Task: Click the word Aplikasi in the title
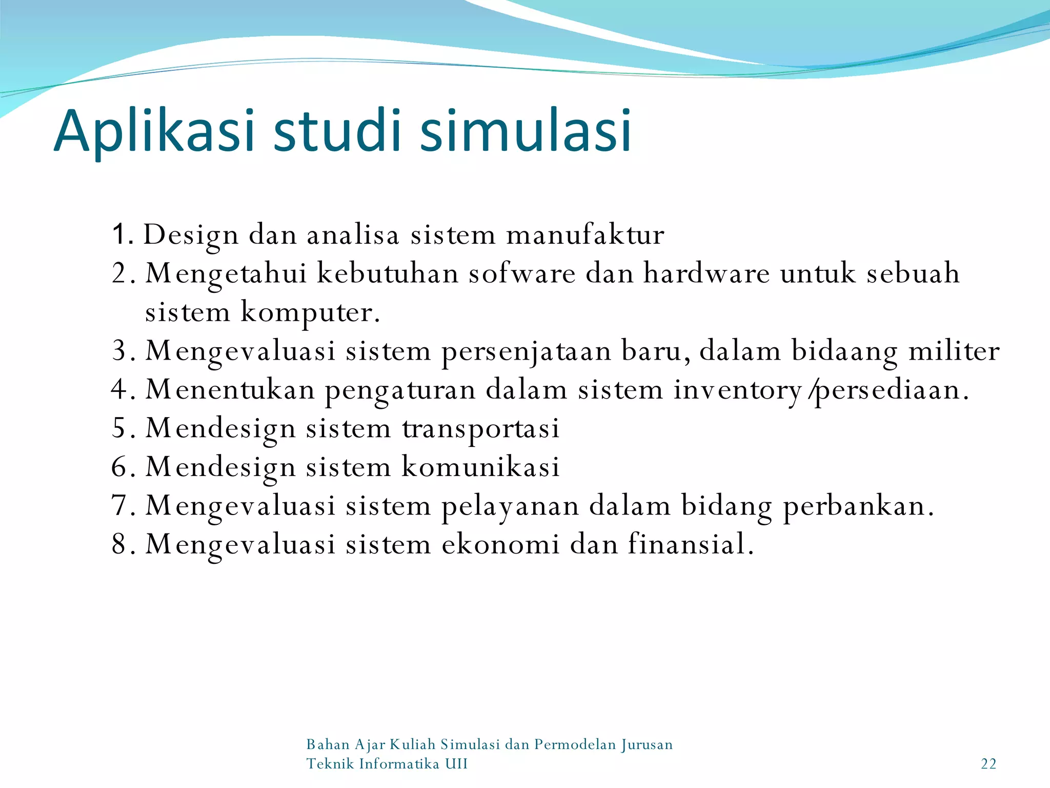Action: coord(154,131)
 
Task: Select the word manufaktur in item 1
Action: coord(585,235)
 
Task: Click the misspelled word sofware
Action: coord(522,273)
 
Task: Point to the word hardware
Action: coord(706,273)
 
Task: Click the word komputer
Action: coord(311,313)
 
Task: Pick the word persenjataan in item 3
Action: coord(527,352)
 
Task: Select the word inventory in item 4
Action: coord(737,390)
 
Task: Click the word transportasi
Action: coord(480,429)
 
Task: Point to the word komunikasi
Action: coord(480,467)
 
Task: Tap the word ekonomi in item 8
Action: coord(500,544)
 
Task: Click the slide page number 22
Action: coord(988,764)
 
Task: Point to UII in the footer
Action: coord(456,764)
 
